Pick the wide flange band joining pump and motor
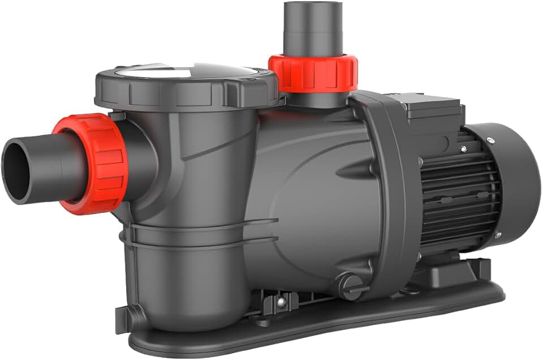point(390,187)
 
